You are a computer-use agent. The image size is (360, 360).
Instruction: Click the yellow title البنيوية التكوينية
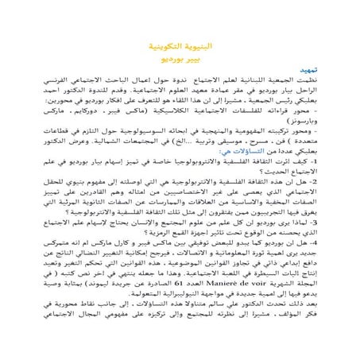[180, 45]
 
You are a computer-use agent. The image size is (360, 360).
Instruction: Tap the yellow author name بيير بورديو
[180, 59]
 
